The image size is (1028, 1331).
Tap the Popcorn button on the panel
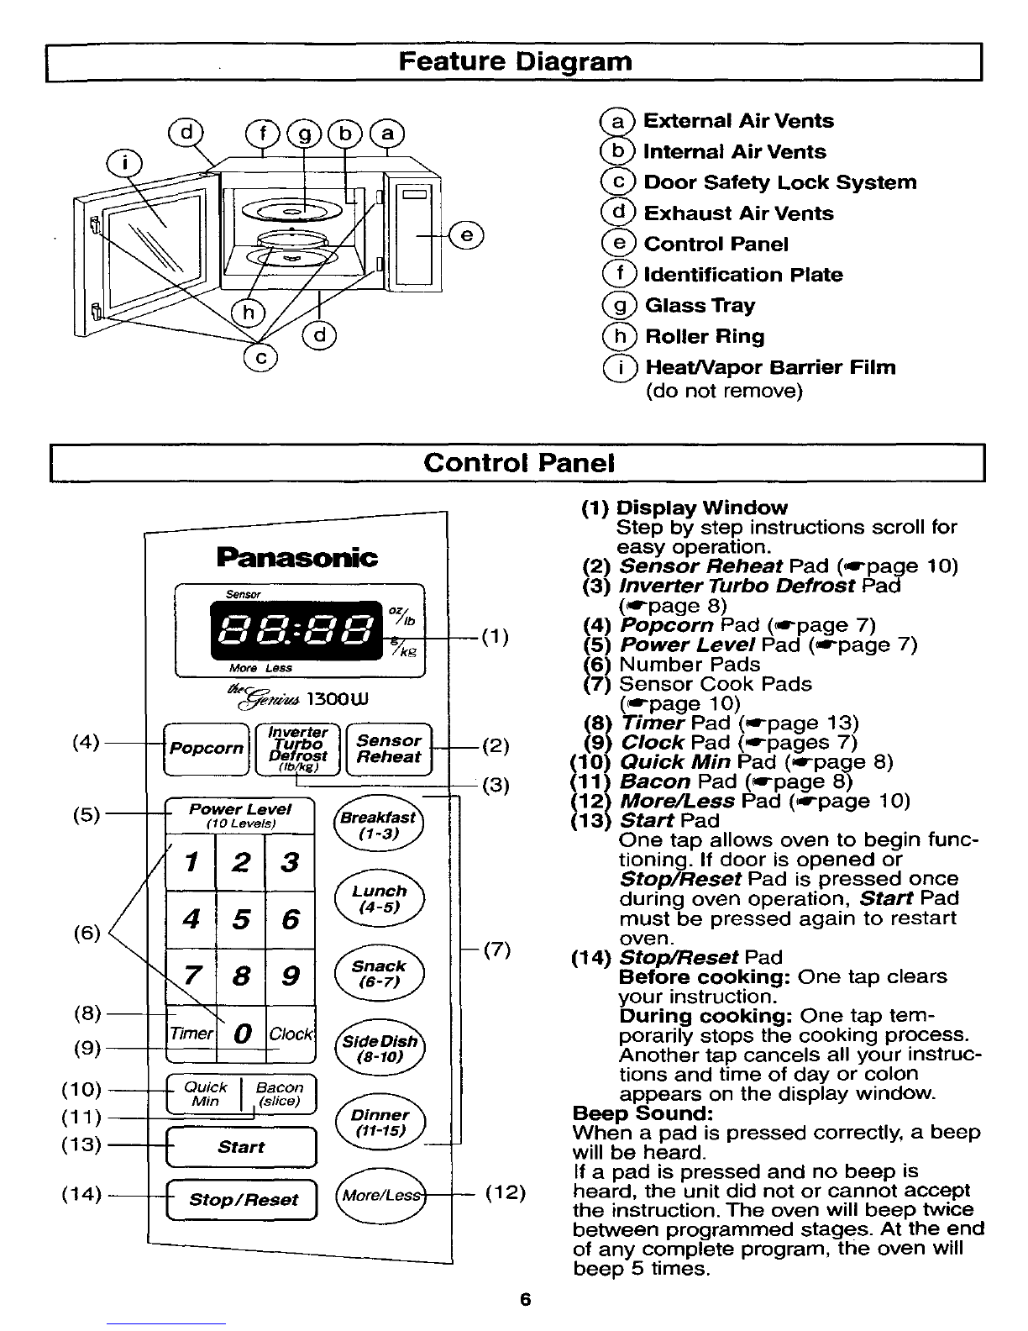(207, 750)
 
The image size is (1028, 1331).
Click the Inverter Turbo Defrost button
(297, 750)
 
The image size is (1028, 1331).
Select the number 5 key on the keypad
(240, 918)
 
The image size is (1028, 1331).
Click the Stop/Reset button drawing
(242, 1199)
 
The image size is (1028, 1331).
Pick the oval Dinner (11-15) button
(380, 1122)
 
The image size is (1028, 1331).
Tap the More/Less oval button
(380, 1195)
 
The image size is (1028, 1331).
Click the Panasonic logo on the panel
(297, 557)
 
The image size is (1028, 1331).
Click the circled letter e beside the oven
(467, 236)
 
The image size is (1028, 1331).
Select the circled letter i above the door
(124, 164)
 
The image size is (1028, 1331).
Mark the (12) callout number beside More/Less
(506, 1192)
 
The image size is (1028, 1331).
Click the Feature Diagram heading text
(515, 62)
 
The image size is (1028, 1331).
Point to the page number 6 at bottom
(525, 1299)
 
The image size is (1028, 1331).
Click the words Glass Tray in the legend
(700, 305)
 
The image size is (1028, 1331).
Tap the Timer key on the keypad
(191, 1034)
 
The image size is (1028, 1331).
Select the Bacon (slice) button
(279, 1094)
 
